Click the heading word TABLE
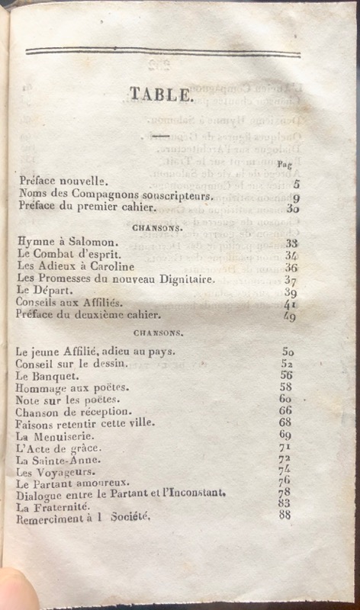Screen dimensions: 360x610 click(160, 95)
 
